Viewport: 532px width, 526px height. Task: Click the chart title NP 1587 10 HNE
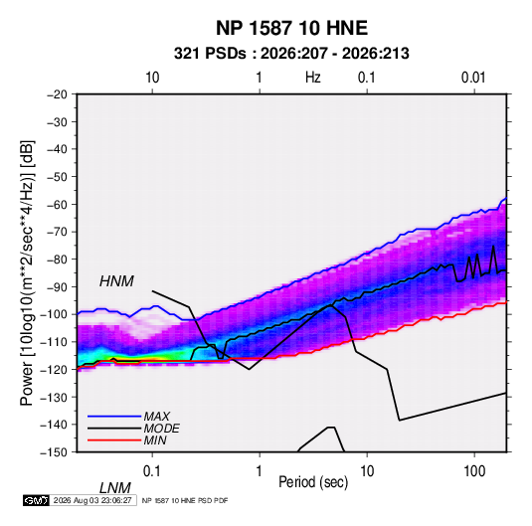tap(291, 28)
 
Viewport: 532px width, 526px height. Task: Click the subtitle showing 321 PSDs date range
tap(291, 54)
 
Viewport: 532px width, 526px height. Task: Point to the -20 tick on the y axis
tap(57, 94)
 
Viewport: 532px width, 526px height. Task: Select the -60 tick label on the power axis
tap(57, 204)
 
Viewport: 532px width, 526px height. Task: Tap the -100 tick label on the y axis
tap(55, 314)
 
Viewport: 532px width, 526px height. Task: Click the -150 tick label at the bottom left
tap(55, 452)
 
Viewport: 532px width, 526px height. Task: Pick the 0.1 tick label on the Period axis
tap(152, 471)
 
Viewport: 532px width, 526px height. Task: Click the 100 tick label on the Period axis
tap(474, 471)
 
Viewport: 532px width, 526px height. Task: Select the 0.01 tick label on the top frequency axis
tap(473, 78)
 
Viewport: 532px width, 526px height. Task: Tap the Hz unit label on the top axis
tap(313, 78)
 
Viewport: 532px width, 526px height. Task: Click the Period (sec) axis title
tap(313, 482)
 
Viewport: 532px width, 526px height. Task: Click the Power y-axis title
tap(27, 272)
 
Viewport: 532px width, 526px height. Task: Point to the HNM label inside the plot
tap(116, 281)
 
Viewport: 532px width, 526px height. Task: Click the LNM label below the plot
tap(115, 488)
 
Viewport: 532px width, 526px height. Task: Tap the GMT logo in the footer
tap(37, 500)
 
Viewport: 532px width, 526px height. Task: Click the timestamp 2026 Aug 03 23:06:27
tap(92, 500)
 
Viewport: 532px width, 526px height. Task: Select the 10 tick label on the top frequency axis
tap(152, 78)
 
